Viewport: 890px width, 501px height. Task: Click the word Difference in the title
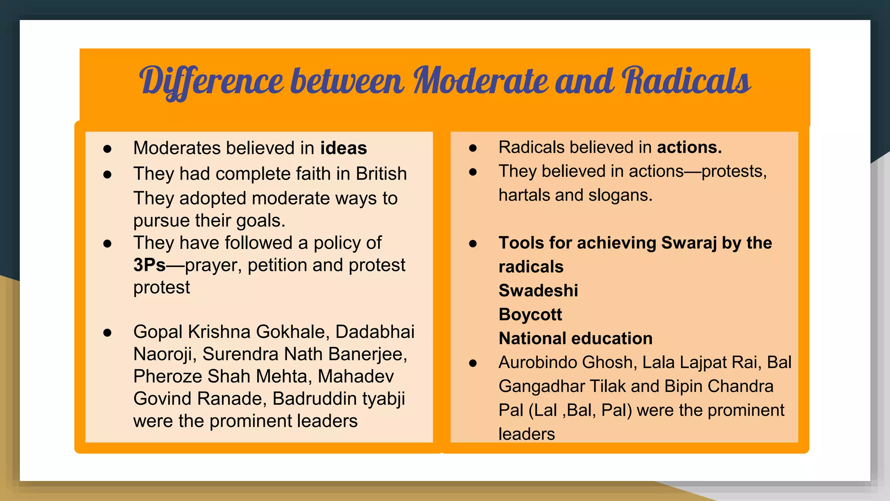211,81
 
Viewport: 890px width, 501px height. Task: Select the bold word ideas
343,148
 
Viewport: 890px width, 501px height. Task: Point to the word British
381,174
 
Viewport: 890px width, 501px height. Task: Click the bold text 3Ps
149,265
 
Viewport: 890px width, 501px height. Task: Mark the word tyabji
383,398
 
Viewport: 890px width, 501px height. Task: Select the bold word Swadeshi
538,291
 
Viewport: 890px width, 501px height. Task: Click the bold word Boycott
530,314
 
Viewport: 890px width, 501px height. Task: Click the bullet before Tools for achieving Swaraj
473,244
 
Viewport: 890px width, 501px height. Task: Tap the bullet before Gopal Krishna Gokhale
107,333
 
